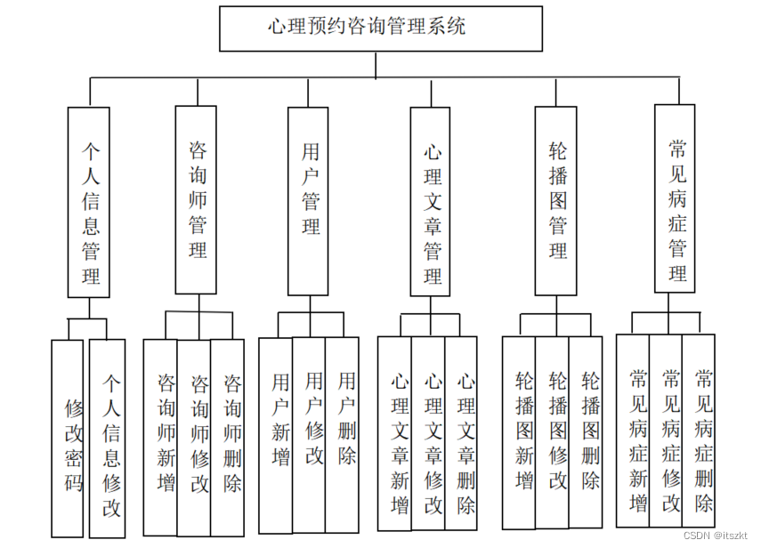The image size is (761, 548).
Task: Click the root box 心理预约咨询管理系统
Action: click(380, 28)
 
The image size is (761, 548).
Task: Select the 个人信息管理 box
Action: click(89, 202)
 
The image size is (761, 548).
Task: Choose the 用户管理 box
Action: click(310, 201)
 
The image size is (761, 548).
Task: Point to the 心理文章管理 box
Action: click(432, 202)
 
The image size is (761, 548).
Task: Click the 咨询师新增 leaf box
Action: click(161, 436)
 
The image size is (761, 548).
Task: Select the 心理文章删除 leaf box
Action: click(463, 432)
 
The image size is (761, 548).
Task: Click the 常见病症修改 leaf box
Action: click(666, 431)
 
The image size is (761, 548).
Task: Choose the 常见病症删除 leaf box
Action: click(700, 431)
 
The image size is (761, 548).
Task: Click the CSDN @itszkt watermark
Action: click(717, 536)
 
